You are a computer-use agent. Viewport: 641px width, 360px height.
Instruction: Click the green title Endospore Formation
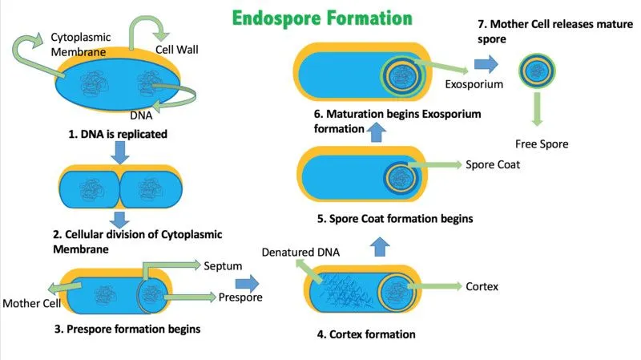323,17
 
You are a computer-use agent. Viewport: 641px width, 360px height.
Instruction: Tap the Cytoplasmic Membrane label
80,45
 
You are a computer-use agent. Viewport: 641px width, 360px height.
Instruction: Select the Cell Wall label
176,50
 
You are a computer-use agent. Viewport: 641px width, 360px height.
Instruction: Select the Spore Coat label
492,165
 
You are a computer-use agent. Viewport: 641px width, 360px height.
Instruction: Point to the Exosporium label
473,83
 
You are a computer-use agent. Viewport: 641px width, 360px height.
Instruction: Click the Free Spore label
541,144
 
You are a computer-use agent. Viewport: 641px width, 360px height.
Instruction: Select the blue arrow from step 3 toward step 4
249,283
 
